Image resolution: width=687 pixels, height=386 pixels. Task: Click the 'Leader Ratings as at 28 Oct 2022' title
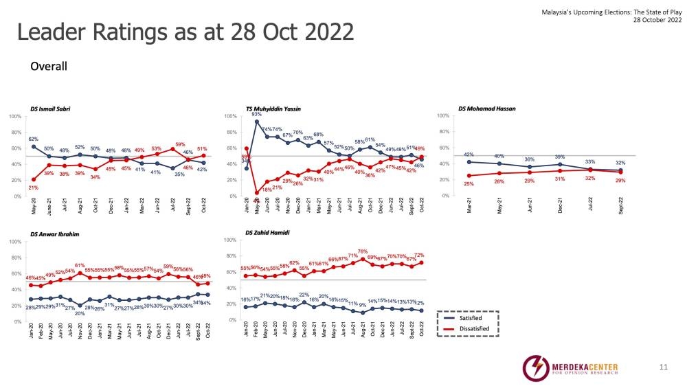[185, 32]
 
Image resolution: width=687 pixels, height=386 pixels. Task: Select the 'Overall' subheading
[48, 67]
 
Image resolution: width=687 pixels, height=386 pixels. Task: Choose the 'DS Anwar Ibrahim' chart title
[55, 234]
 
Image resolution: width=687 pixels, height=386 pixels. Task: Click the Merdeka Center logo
[570, 366]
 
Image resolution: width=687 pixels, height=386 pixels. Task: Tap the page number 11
[663, 367]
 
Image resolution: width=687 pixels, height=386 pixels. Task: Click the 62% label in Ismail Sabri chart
[33, 139]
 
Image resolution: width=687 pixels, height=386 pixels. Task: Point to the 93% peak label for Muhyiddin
[256, 115]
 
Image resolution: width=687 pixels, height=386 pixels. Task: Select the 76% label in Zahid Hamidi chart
[363, 252]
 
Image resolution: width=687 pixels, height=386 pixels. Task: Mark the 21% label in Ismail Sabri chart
[33, 188]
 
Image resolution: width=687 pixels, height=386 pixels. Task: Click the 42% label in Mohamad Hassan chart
[469, 155]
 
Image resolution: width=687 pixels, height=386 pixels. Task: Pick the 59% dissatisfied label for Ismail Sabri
[181, 144]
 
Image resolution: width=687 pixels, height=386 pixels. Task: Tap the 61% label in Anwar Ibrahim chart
[80, 265]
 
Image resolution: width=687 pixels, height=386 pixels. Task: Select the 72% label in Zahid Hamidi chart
[418, 256]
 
